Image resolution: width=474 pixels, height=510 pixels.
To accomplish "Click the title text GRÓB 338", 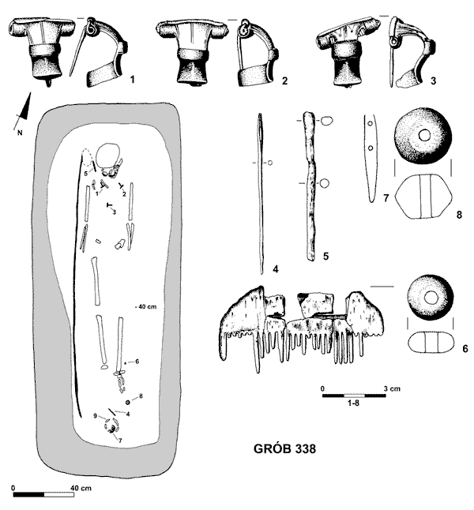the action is click(x=284, y=449).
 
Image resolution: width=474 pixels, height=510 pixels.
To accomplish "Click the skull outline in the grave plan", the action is click(x=109, y=156).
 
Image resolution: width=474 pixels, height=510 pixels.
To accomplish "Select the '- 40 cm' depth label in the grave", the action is click(x=145, y=307).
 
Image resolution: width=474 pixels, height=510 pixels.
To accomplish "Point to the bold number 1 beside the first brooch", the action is click(x=132, y=79).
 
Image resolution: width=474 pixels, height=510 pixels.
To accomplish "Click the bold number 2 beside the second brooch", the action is click(x=285, y=81).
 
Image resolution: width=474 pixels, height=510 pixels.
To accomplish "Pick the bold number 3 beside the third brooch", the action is click(x=433, y=81).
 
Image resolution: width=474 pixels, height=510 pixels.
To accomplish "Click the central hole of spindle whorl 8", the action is click(x=424, y=135).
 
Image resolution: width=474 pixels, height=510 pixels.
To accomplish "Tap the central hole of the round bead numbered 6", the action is click(x=431, y=297).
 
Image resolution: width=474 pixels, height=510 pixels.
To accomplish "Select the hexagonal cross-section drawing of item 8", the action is click(x=423, y=197).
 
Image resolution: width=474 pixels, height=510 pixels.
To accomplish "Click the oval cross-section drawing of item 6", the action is click(x=431, y=342).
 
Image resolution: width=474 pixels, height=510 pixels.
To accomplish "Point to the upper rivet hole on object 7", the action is click(x=370, y=124).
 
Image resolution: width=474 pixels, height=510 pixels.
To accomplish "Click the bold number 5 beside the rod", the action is click(x=325, y=256).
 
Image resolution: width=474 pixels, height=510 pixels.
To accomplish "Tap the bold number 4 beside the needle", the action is click(x=276, y=269).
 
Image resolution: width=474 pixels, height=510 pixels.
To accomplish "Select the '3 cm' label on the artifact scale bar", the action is click(x=392, y=388).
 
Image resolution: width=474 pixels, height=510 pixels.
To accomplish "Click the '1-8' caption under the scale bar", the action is click(x=354, y=403).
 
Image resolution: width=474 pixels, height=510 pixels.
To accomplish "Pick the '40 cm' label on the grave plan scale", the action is click(x=81, y=488).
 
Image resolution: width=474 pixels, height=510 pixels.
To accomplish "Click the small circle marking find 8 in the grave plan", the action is click(x=128, y=403).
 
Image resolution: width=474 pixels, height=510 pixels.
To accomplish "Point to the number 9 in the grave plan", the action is click(x=95, y=416).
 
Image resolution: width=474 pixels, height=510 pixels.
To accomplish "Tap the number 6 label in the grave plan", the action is click(x=137, y=362).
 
